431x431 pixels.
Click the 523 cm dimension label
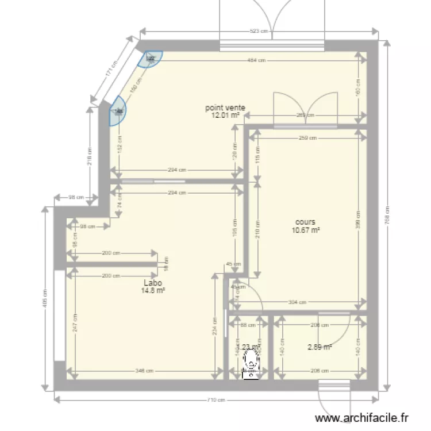(260, 32)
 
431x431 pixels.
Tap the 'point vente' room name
(226, 107)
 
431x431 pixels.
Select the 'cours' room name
(305, 222)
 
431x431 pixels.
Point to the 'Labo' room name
(153, 283)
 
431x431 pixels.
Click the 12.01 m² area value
(226, 115)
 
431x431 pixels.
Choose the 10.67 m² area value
(306, 230)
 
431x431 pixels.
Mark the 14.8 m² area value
(153, 291)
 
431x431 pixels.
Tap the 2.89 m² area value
(320, 347)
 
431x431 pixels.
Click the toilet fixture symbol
(251, 362)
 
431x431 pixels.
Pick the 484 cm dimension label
(256, 60)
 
